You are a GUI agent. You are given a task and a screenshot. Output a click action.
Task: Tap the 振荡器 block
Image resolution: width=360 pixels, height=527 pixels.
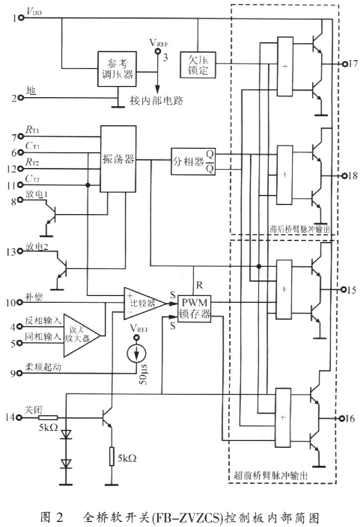tap(119, 160)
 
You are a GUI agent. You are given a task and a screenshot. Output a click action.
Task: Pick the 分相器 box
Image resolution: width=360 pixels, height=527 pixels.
tap(188, 159)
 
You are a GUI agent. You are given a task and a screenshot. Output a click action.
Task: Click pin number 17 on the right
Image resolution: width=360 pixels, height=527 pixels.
tap(353, 63)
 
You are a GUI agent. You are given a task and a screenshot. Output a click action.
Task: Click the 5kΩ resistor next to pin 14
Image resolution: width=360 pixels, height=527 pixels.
tap(48, 417)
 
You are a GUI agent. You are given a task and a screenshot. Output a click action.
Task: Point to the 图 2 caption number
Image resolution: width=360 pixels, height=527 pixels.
tap(53, 515)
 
